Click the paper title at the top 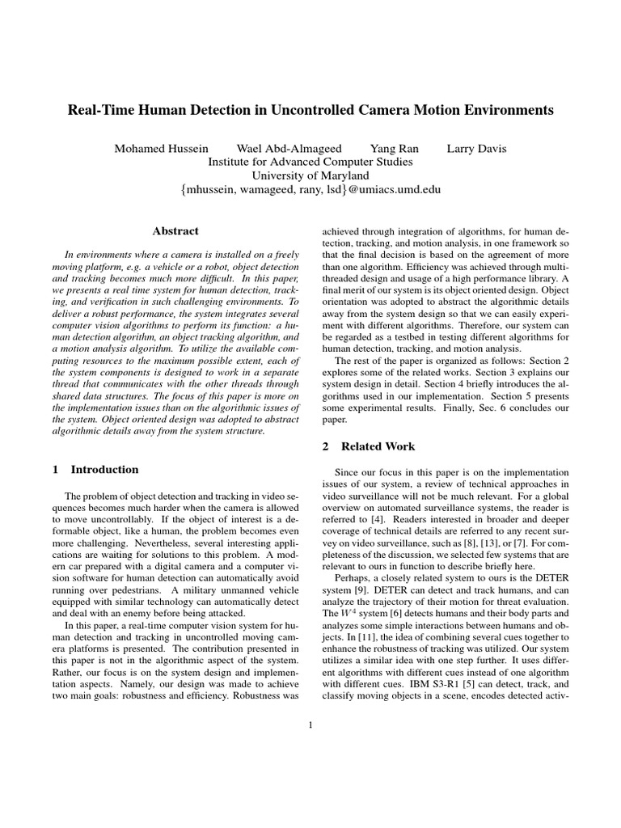pos(310,110)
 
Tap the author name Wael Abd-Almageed pos(289,148)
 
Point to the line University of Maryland pos(310,175)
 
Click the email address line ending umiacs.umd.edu pos(310,189)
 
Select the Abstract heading pos(175,231)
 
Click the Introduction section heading pos(104,469)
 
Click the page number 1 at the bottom pos(310,724)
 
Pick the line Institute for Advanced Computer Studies pos(310,162)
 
